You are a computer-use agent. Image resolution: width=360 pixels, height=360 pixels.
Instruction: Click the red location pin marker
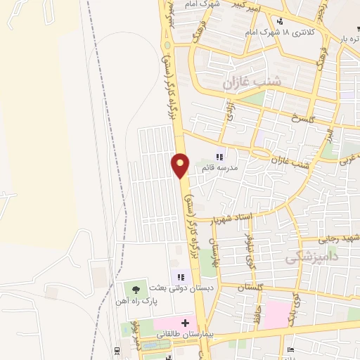coord(180,165)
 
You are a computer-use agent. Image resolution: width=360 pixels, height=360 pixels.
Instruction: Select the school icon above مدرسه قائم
coord(219,157)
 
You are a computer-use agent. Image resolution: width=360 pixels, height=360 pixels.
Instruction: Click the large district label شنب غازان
coord(252,83)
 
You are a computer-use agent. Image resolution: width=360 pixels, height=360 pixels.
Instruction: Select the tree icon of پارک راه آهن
coord(136,290)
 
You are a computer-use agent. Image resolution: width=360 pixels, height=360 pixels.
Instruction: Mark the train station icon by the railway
coord(117,350)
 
